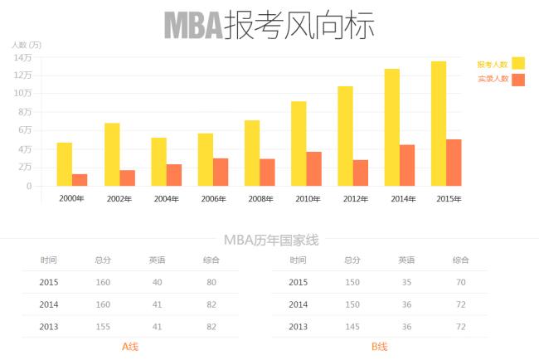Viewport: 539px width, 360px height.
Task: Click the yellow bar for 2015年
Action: point(439,124)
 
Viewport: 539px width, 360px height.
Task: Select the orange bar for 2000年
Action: point(80,180)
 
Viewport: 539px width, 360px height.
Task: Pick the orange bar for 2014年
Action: point(407,165)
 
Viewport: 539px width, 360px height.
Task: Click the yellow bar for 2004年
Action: point(158,162)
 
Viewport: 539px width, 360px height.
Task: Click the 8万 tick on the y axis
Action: point(24,112)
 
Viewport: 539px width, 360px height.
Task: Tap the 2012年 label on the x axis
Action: point(355,199)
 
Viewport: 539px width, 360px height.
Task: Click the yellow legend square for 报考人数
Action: point(518,63)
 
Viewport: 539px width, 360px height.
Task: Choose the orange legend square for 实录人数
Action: point(518,80)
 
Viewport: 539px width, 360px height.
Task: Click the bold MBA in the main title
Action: point(193,26)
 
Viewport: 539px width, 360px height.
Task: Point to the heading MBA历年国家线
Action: point(271,241)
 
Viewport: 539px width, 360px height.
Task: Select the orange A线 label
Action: point(130,346)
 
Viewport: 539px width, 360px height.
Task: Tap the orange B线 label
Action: point(380,346)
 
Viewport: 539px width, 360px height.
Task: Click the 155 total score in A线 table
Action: point(103,327)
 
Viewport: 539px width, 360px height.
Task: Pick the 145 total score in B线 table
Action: point(352,327)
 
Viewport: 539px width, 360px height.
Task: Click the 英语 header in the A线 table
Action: point(157,260)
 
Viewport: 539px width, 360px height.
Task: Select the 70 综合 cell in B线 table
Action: point(460,283)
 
